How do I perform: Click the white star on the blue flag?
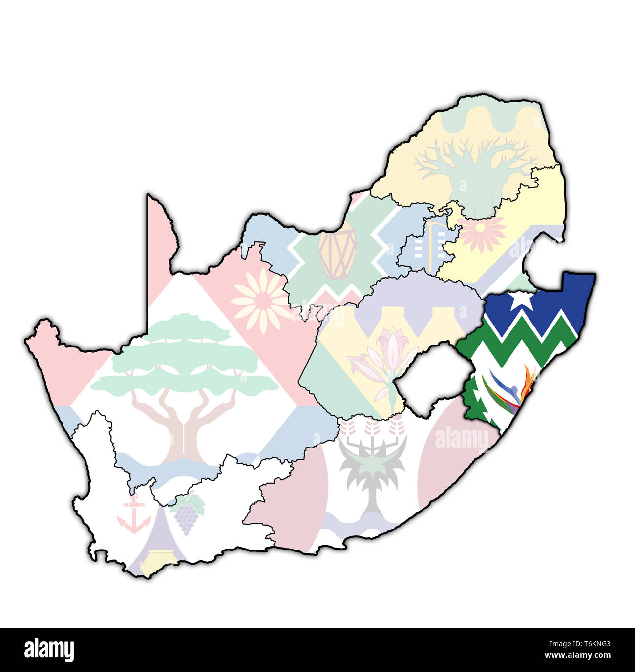522,300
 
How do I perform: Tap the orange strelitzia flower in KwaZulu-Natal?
528,383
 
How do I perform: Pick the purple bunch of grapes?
186,519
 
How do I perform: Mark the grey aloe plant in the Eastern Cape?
372,468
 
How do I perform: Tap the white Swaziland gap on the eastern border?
541,264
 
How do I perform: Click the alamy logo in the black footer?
49,650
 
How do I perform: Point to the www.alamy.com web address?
576,655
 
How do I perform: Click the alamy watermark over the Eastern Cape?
461,438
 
